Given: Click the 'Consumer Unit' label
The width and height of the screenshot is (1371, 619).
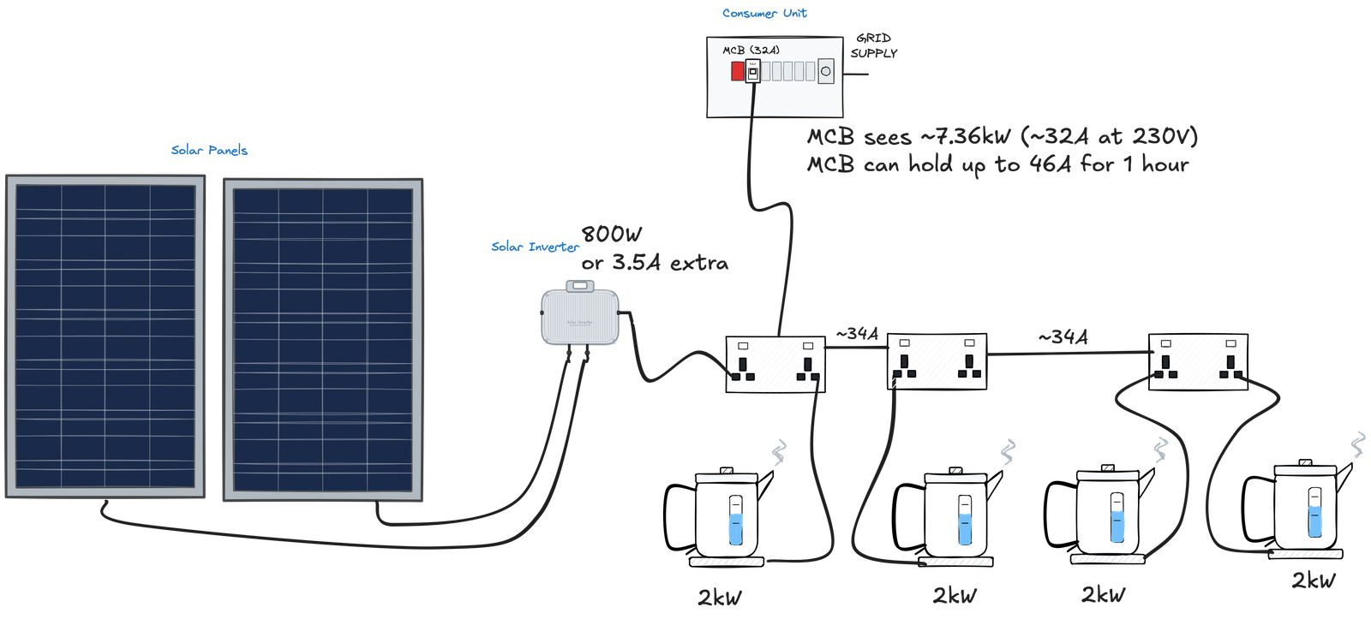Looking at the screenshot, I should pos(764,14).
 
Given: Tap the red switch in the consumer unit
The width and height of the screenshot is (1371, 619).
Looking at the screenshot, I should pos(737,72).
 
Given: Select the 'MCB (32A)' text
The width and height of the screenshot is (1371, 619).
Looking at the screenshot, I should pos(751,51).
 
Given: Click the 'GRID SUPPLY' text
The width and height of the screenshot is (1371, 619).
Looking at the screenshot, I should pos(874,45).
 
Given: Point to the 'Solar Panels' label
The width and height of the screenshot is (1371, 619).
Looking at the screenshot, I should pos(210,151).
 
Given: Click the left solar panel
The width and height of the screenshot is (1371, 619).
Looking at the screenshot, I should pos(106,336).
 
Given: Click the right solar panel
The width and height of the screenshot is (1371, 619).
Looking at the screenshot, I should pos(323,339).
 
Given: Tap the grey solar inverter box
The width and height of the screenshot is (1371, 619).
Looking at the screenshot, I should pos(580,318).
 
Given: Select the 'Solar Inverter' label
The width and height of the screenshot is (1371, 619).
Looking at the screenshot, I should pos(534,247).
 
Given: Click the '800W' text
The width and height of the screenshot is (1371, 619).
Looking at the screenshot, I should pos(612,235).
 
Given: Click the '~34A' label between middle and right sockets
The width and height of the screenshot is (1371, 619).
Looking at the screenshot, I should pos(1063,338).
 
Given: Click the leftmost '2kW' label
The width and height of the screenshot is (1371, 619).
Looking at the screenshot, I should pos(720,598).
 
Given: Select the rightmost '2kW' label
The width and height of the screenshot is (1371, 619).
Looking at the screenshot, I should pos(1314,580).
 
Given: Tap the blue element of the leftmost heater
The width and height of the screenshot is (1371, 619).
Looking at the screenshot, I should pos(735,527).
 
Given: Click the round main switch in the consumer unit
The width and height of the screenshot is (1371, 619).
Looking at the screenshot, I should pos(826,71).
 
